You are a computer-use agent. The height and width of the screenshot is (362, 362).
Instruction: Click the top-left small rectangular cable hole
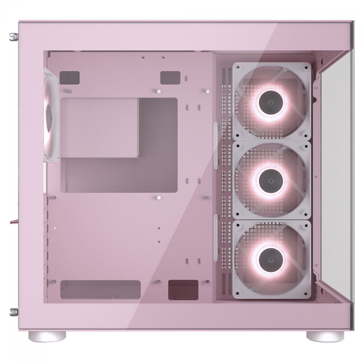69,78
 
